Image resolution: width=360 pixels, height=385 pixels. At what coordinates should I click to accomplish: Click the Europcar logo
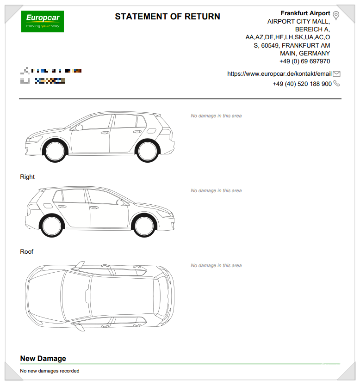click(x=43, y=21)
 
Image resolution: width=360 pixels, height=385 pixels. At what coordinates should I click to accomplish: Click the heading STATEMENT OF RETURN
click(x=168, y=17)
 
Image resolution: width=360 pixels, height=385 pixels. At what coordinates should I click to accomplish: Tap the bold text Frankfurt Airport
click(x=305, y=13)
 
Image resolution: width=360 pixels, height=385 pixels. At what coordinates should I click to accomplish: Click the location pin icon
click(x=336, y=16)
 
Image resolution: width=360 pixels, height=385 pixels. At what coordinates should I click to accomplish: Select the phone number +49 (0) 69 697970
click(x=304, y=61)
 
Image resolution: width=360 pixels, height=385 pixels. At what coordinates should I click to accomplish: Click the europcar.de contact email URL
click(x=279, y=74)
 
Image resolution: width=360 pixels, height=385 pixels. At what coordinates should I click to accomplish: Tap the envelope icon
click(x=336, y=74)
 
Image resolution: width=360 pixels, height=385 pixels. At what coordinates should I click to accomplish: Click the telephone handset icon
click(x=336, y=84)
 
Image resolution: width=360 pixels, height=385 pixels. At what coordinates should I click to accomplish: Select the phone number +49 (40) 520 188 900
click(x=302, y=84)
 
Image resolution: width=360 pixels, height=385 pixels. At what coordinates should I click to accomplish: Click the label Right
click(x=27, y=177)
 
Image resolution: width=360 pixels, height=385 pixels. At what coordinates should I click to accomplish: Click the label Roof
click(x=27, y=252)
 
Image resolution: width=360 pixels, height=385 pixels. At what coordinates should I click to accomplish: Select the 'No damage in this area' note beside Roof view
click(x=216, y=266)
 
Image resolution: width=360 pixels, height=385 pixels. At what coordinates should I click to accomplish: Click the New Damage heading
click(x=43, y=359)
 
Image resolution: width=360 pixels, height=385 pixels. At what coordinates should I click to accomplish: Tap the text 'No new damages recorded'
click(x=50, y=371)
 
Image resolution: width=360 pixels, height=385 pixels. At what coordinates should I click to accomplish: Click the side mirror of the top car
click(x=79, y=127)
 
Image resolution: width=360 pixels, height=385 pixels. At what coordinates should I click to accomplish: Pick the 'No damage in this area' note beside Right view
click(x=216, y=191)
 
